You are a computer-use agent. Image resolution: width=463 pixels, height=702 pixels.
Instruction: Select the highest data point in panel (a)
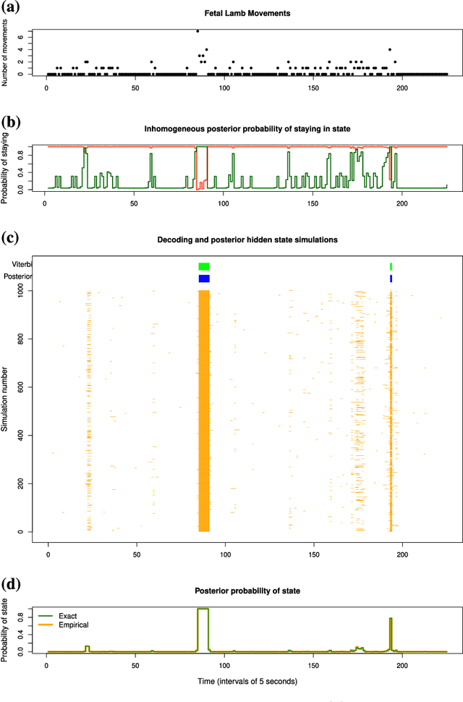(x=197, y=31)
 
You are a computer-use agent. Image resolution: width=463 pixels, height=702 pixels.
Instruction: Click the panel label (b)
(x=12, y=121)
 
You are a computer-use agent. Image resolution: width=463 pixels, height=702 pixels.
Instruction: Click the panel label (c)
(x=12, y=237)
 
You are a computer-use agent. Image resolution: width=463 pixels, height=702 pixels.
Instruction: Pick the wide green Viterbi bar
(x=204, y=266)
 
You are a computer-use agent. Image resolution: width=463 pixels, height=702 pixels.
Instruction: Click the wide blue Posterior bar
(x=204, y=278)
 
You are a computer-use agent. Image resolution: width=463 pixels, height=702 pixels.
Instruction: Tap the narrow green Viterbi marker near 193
(x=391, y=266)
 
